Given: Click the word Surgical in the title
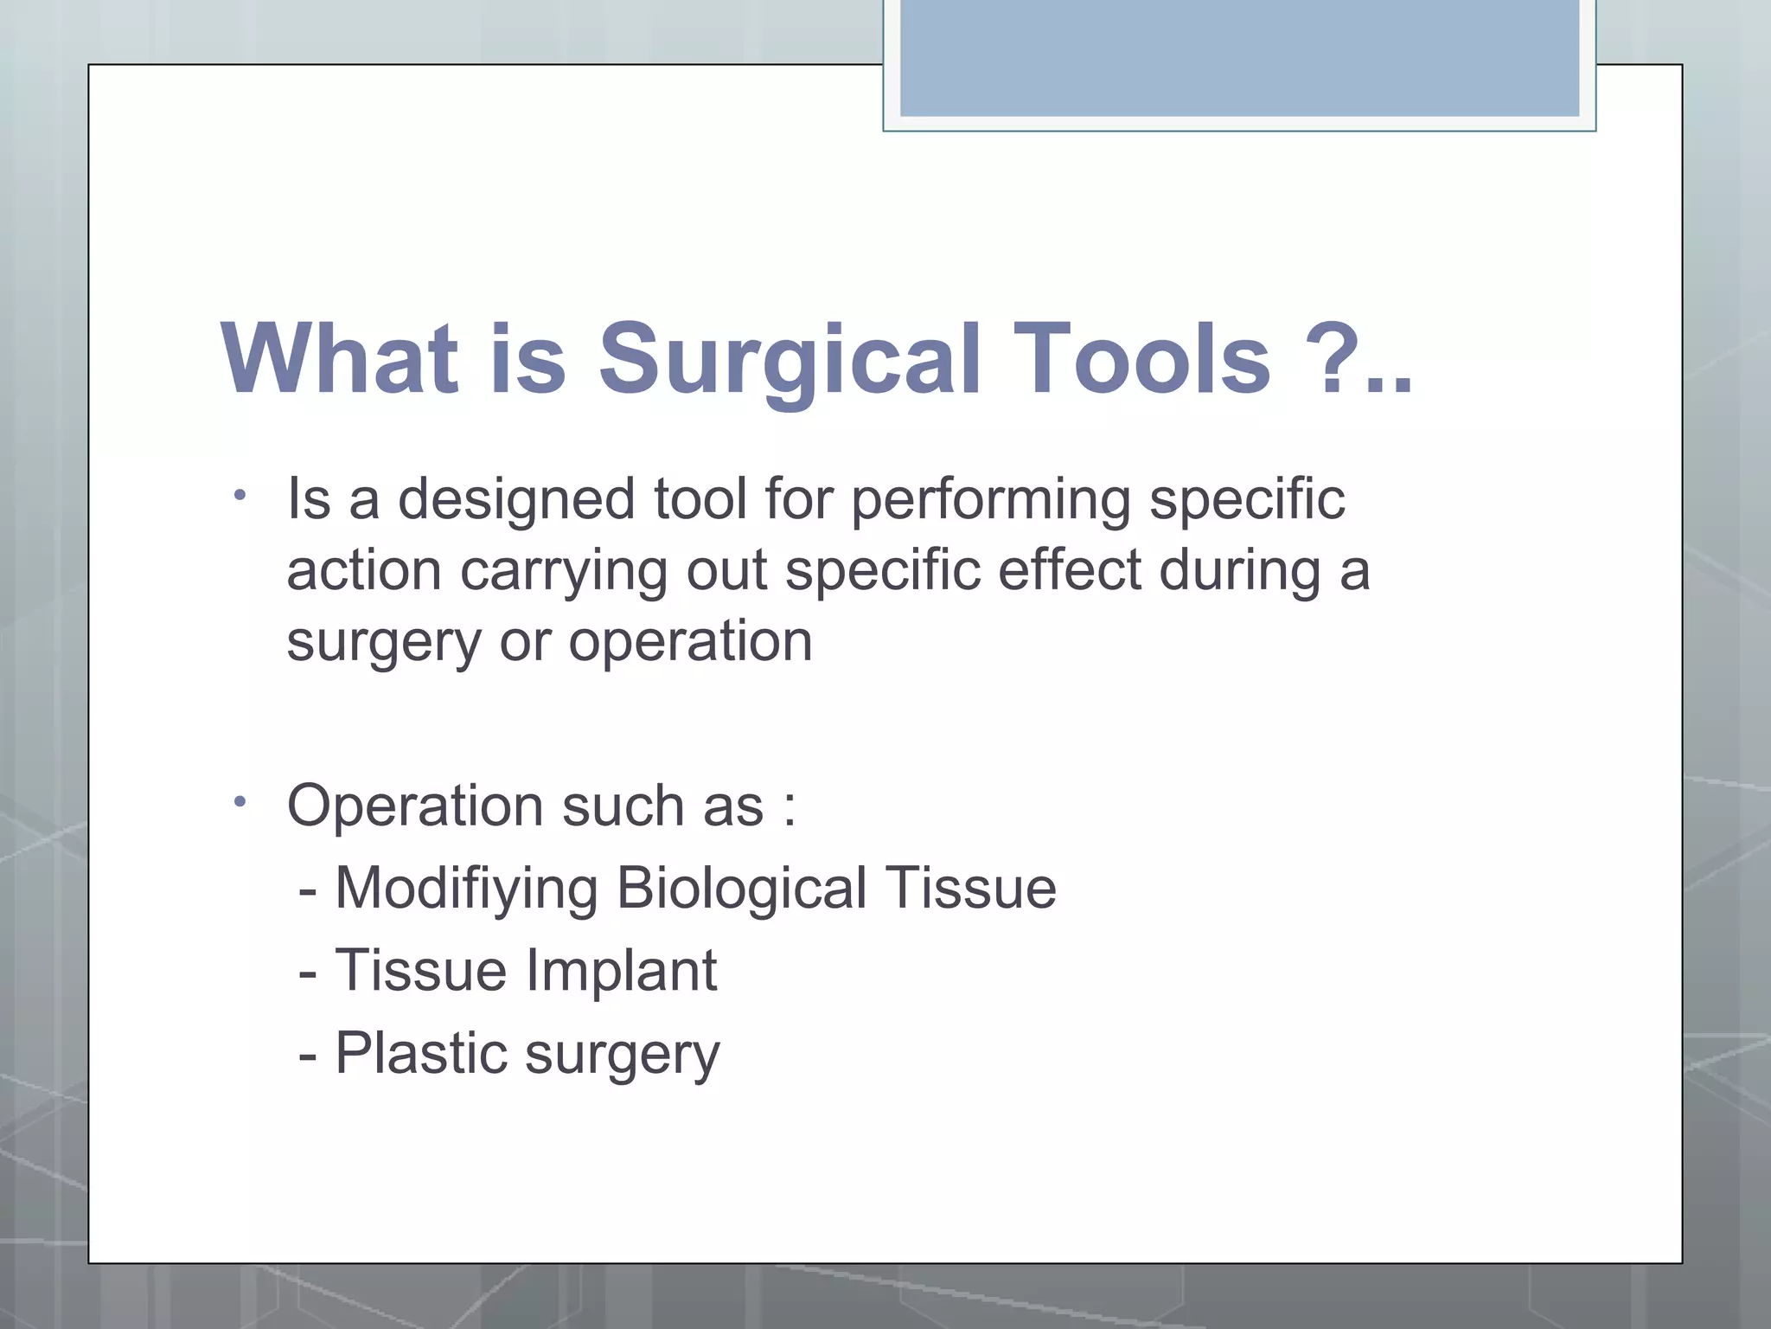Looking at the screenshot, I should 790,359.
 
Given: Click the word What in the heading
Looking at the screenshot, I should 339,359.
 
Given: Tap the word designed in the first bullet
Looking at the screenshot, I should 516,501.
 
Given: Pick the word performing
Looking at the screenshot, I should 991,501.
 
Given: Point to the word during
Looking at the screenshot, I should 1239,572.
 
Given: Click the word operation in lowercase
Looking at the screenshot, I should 690,643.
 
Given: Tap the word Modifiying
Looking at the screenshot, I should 466,889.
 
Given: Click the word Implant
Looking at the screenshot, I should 621,971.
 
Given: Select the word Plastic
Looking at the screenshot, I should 420,1053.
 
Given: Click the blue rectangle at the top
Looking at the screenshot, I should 1239,59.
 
